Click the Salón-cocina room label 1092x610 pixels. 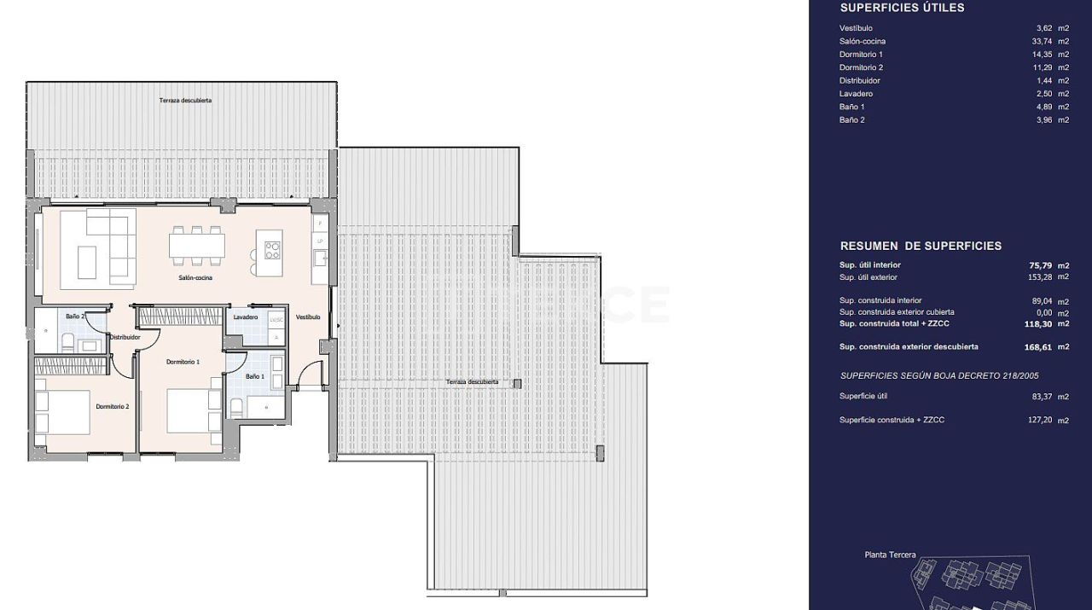click(195, 277)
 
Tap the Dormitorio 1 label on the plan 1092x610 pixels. click(183, 362)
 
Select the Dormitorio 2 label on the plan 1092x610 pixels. click(113, 406)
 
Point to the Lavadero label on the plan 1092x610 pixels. click(246, 317)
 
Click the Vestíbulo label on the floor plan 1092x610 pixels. click(308, 317)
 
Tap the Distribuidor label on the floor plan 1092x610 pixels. click(125, 337)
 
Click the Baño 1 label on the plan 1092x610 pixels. click(255, 376)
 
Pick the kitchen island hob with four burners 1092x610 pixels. click(272, 250)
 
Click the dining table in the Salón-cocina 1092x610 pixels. click(197, 246)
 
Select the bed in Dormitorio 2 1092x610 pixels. click(63, 412)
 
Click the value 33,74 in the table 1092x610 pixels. click(1043, 42)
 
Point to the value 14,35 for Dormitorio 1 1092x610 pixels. click(1043, 55)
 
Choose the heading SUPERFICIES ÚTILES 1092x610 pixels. click(902, 8)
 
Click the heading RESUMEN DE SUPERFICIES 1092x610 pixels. click(921, 246)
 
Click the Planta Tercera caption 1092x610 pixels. click(890, 555)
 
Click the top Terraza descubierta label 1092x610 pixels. click(185, 101)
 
